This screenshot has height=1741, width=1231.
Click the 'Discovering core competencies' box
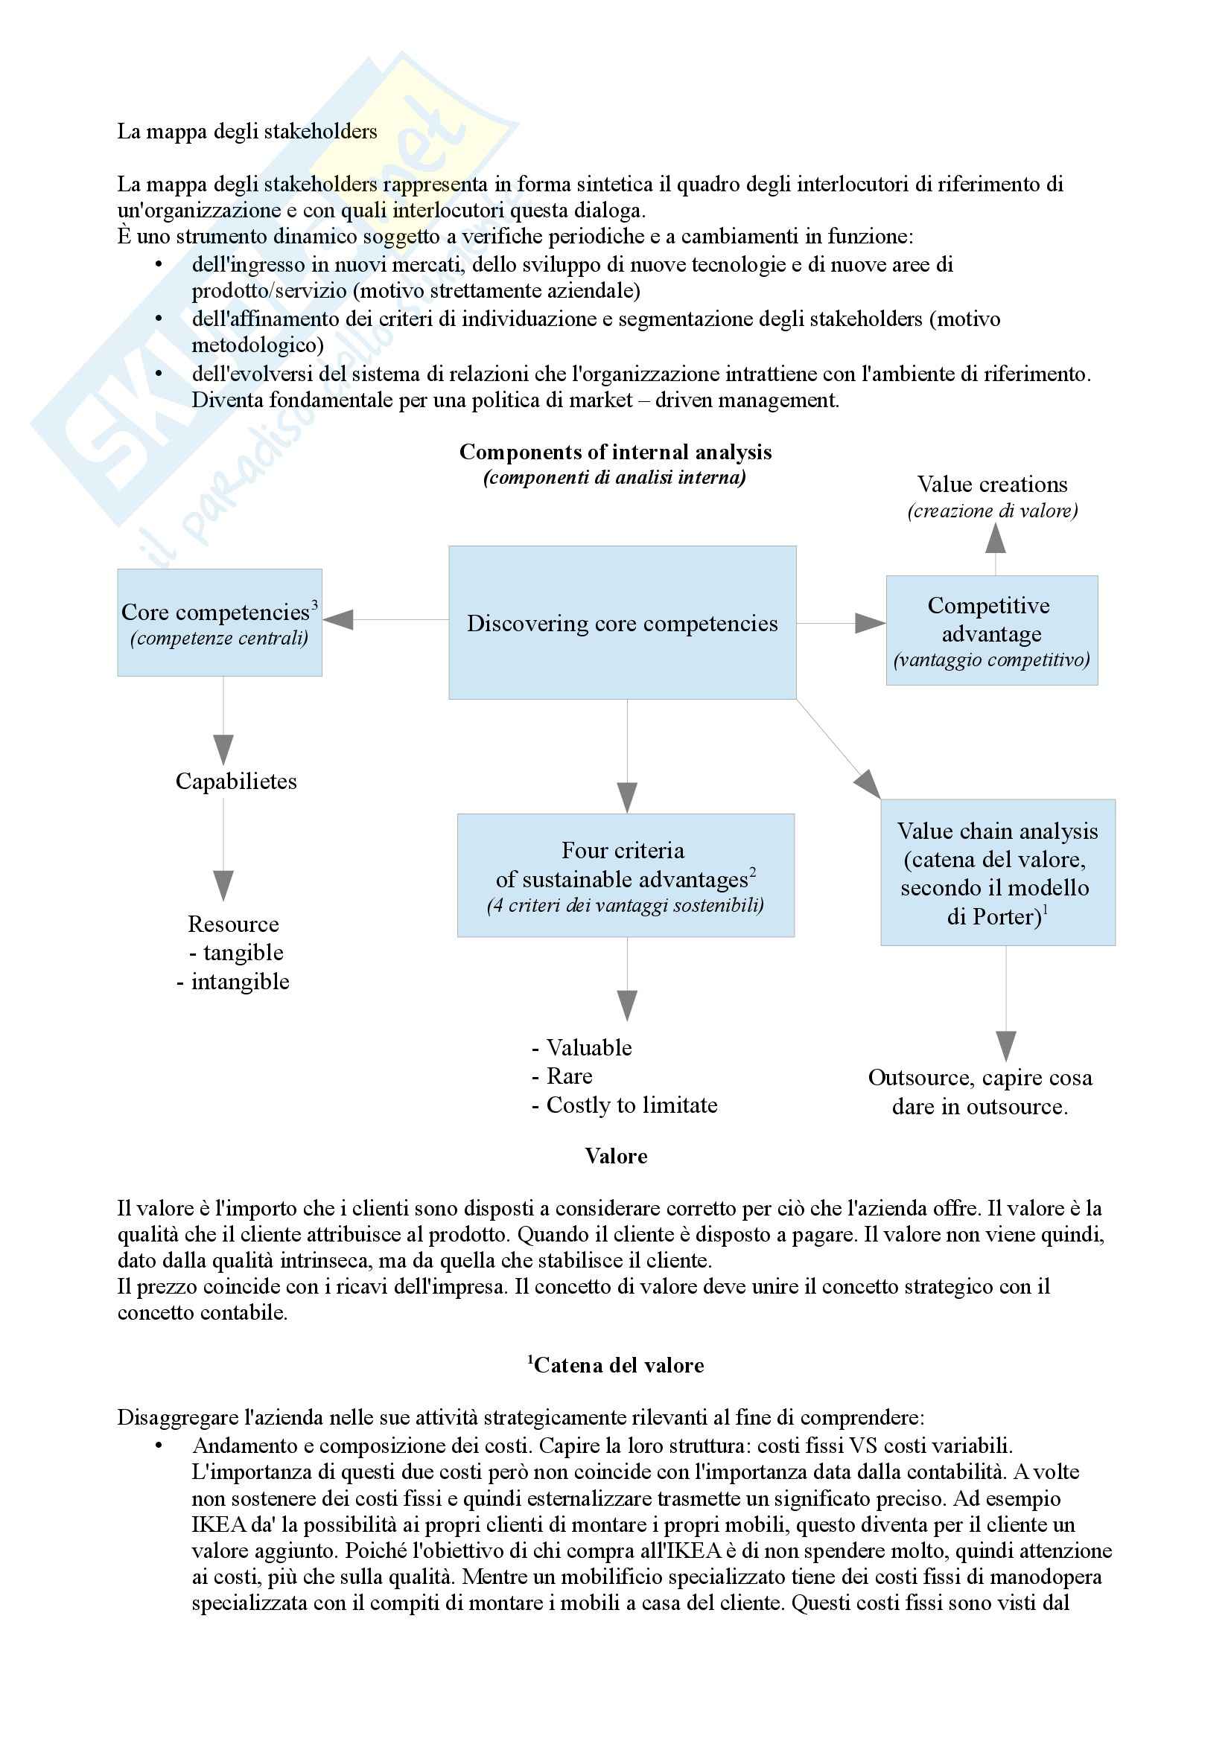click(622, 622)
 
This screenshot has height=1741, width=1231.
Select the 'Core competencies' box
click(219, 622)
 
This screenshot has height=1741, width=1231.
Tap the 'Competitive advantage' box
click(991, 630)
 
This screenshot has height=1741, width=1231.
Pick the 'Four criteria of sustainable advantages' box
click(625, 875)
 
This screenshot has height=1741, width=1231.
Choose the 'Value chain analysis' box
click(997, 872)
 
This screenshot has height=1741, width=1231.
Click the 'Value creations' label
click(992, 485)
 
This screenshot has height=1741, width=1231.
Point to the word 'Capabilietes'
click(236, 781)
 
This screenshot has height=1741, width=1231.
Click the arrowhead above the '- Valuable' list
click(626, 1005)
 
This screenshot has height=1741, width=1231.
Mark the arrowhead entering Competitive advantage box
click(869, 623)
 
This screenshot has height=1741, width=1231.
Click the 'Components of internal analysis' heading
click(615, 452)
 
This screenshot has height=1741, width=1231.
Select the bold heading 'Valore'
click(616, 1156)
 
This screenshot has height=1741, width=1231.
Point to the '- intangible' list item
click(233, 981)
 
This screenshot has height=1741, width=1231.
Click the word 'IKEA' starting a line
click(214, 1524)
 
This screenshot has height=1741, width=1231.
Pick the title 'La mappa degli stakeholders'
click(246, 132)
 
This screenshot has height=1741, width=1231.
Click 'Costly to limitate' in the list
click(631, 1105)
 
